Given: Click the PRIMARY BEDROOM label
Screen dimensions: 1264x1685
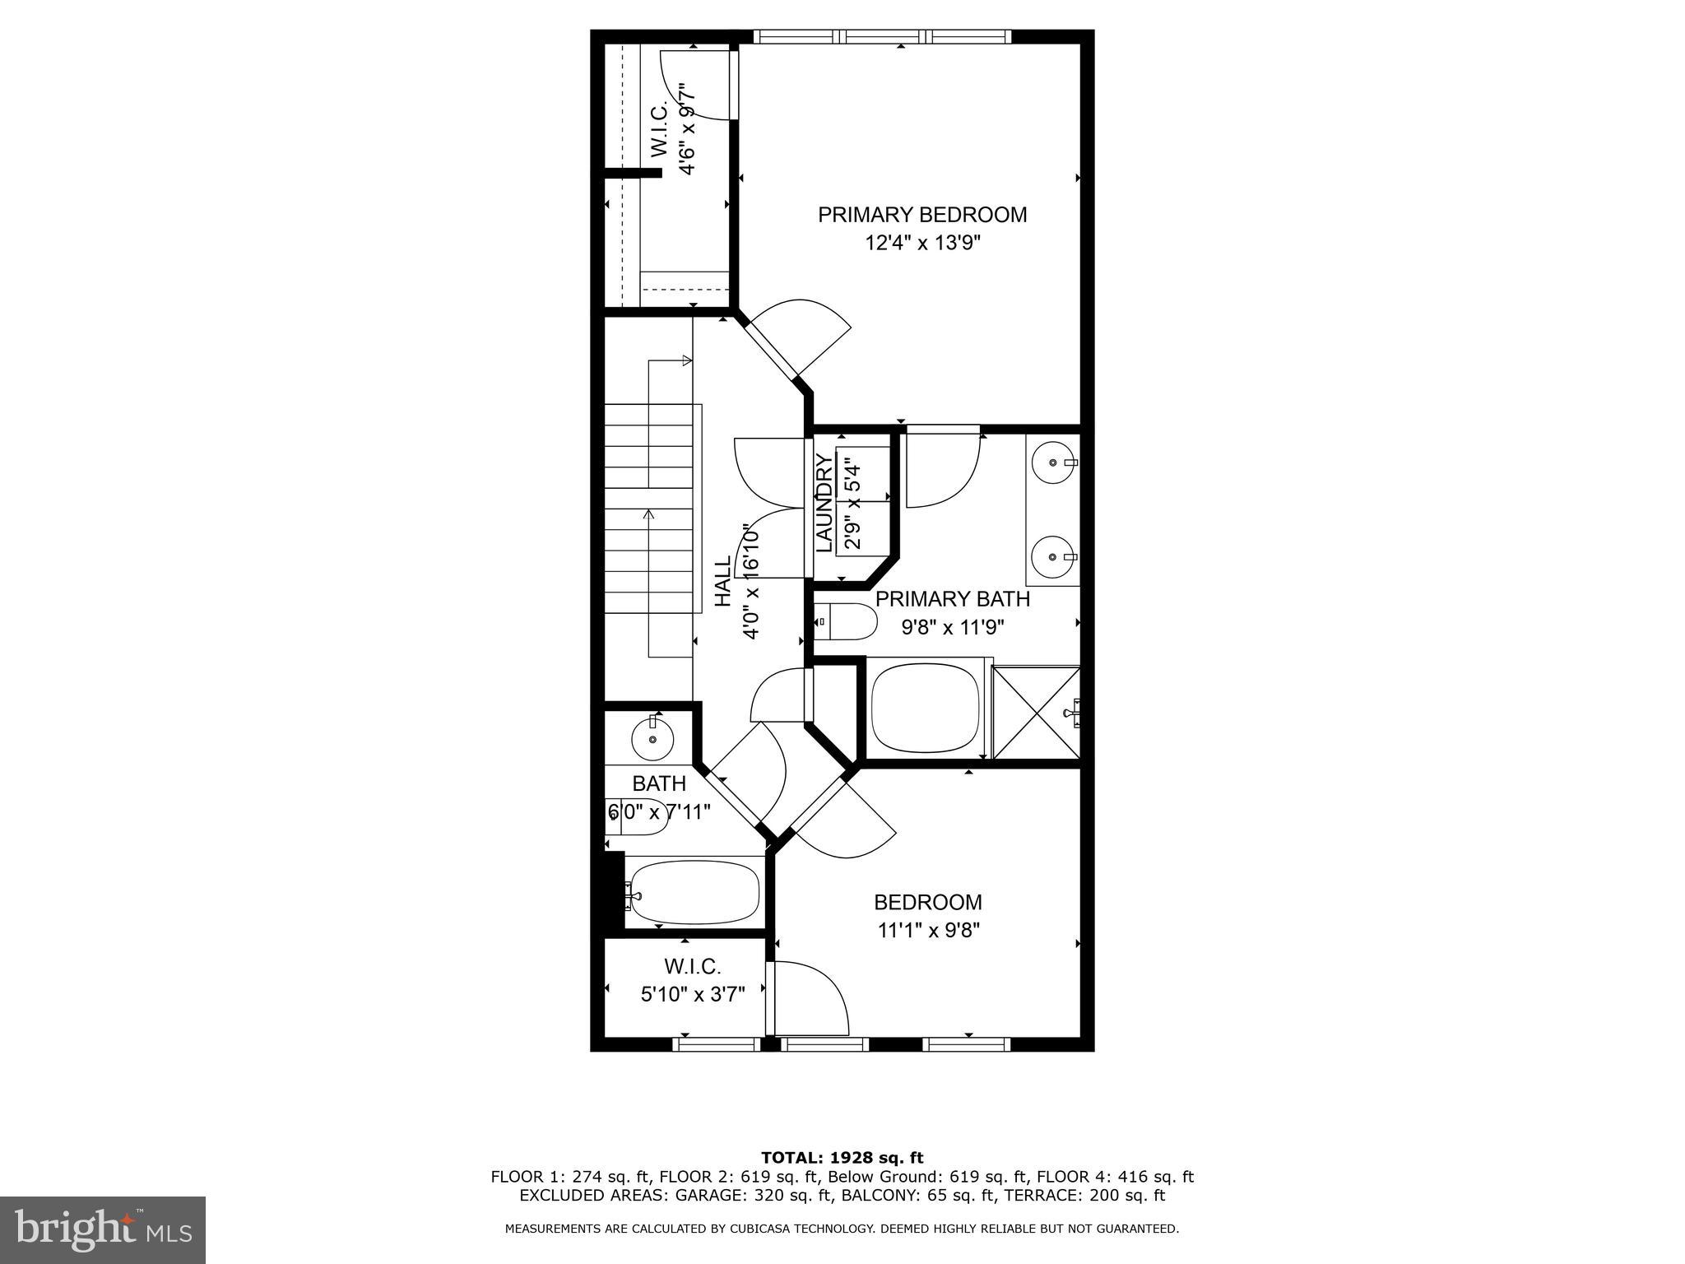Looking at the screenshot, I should click(921, 215).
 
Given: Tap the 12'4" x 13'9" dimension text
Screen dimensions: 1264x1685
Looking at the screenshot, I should click(922, 244).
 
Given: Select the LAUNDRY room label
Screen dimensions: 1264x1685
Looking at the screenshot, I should click(824, 503).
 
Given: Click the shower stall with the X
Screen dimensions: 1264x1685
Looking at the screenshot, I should click(1036, 713).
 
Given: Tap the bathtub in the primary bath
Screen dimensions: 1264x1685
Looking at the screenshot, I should click(925, 708).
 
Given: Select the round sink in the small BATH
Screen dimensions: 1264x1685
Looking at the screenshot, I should click(652, 739).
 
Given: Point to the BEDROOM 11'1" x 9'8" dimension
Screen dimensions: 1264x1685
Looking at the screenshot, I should click(927, 931).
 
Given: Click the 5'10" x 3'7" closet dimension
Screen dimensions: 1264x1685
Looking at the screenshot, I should click(693, 994).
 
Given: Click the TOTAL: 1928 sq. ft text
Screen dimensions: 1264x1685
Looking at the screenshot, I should click(842, 1158).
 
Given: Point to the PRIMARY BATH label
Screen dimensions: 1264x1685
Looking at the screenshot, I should click(952, 599).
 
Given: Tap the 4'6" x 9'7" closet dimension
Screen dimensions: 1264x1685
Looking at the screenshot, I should click(687, 128).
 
